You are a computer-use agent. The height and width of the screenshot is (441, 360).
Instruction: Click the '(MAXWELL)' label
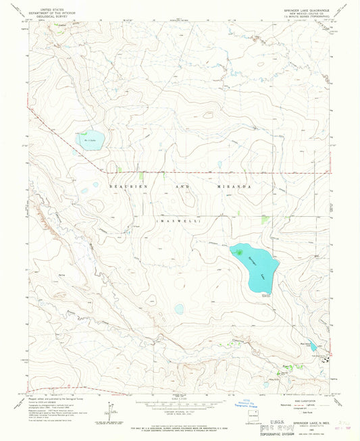(x=175, y=220)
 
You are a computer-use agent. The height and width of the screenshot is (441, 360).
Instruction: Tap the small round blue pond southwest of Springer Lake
(x=179, y=309)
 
